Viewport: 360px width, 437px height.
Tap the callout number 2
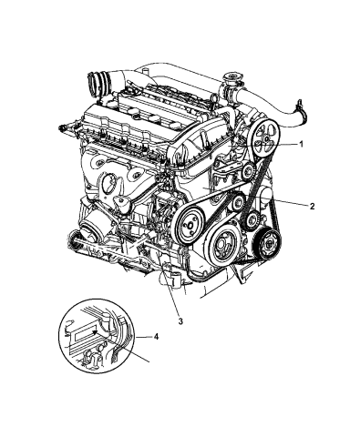(313, 207)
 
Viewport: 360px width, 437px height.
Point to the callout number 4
(156, 338)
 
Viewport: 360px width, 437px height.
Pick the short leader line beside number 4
(144, 338)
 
